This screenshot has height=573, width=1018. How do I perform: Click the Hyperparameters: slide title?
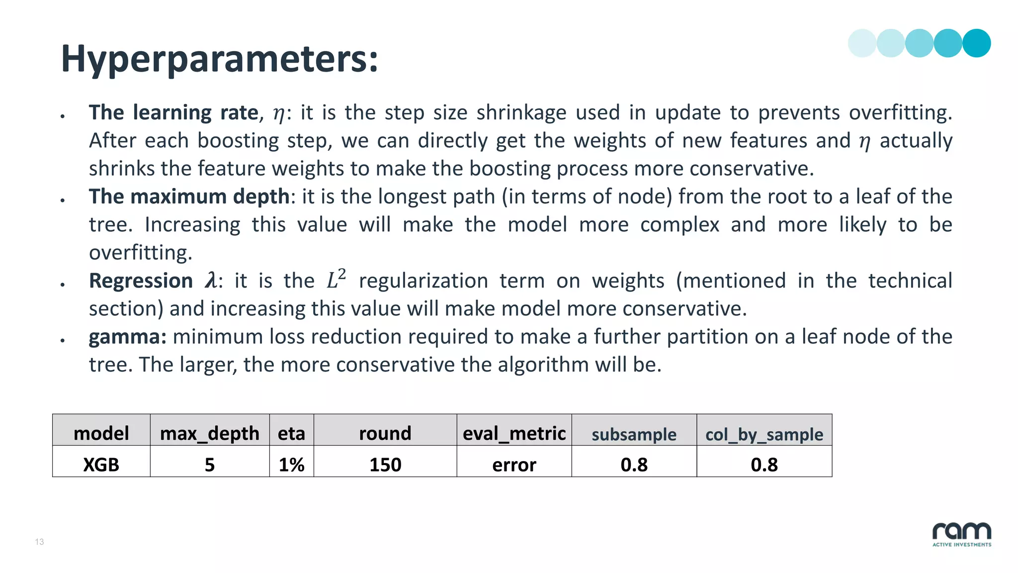point(219,59)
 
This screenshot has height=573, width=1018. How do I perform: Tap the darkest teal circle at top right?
point(976,43)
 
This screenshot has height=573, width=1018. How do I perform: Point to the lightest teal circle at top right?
point(862,43)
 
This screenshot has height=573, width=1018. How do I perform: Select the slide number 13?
point(39,542)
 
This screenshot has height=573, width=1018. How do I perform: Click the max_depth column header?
point(209,433)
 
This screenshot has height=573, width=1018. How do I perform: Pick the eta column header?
point(291,433)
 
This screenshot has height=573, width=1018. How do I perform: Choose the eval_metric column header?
point(514,433)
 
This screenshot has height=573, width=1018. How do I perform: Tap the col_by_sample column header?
point(764,434)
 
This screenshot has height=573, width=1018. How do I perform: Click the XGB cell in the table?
point(101,465)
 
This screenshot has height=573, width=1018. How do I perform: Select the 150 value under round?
point(385,465)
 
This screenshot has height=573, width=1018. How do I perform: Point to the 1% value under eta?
point(291,465)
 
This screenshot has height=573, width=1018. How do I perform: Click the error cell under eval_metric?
point(514,465)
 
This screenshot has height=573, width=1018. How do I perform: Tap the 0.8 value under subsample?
point(634,465)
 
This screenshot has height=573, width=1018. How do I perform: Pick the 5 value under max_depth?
point(209,465)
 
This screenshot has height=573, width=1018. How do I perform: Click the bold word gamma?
point(127,337)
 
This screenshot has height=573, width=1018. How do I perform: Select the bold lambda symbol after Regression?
point(211,281)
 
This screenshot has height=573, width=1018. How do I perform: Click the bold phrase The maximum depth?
point(189,196)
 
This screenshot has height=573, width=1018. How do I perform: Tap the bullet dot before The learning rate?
point(63,116)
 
